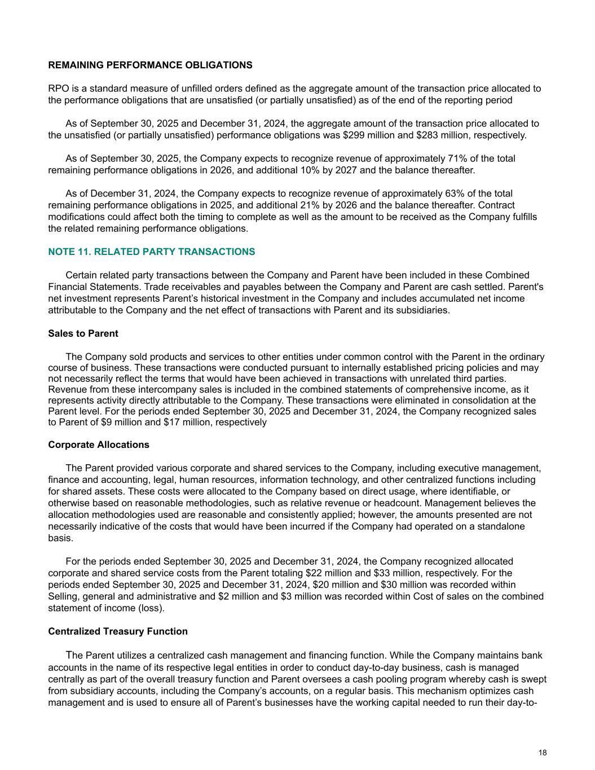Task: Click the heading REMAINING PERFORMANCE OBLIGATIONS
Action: pyautogui.click(x=150, y=65)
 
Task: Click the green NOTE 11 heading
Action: pyautogui.click(x=151, y=252)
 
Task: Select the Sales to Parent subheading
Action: pyautogui.click(x=83, y=333)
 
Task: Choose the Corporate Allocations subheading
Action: pyautogui.click(x=99, y=445)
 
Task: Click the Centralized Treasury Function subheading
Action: pyautogui.click(x=118, y=631)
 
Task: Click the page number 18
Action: pyautogui.click(x=543, y=753)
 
